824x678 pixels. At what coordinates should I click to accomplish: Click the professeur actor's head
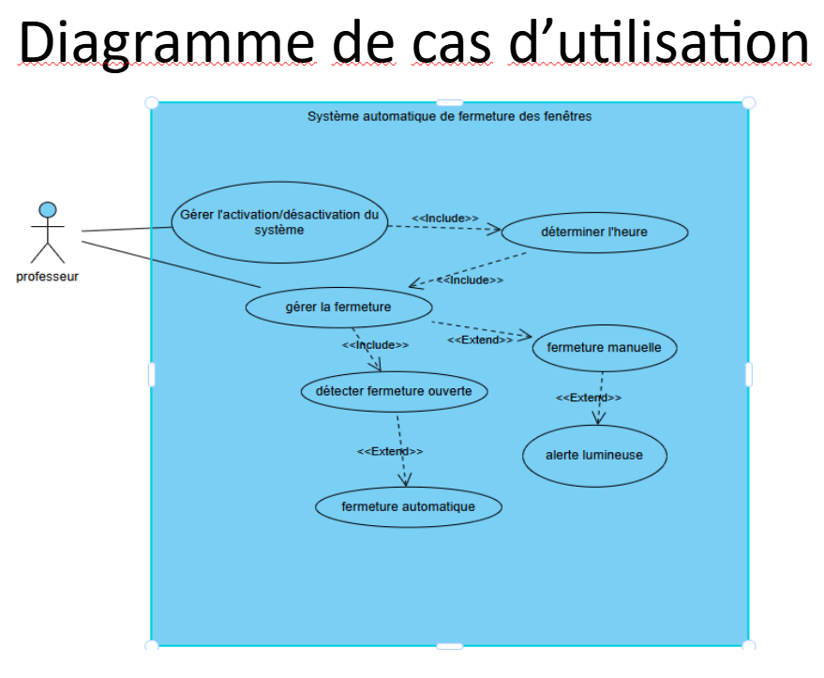(x=48, y=210)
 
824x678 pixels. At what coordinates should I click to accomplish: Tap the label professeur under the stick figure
(x=47, y=277)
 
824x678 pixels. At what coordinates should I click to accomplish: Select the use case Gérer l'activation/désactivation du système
(x=279, y=222)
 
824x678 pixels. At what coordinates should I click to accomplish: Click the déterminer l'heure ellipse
(x=595, y=233)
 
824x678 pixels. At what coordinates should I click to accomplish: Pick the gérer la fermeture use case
(x=339, y=307)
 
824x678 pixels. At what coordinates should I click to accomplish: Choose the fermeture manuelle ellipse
(x=605, y=348)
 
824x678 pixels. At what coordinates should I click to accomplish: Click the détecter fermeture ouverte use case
(x=394, y=392)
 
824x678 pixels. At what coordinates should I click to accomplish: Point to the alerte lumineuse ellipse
(x=595, y=456)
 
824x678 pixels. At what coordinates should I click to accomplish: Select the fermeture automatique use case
(x=409, y=506)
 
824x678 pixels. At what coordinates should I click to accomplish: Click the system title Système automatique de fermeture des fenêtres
(x=449, y=116)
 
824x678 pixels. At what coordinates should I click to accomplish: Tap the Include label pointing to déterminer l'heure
(x=445, y=218)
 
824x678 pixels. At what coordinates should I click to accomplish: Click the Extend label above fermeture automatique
(x=390, y=451)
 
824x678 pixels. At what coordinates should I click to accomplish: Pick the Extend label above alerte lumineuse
(x=589, y=398)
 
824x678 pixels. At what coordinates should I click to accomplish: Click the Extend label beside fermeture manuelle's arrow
(x=480, y=340)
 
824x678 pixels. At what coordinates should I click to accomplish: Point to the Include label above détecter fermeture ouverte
(x=375, y=345)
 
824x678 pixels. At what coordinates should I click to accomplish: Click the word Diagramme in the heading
(x=167, y=43)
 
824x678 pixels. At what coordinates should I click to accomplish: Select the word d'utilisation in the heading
(x=659, y=42)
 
